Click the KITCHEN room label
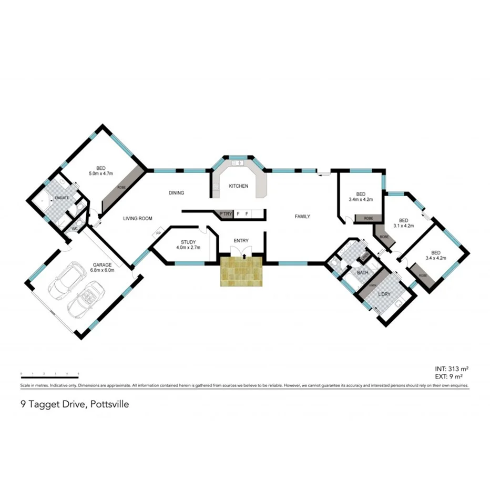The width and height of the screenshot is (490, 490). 238,186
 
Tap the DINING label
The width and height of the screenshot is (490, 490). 177,193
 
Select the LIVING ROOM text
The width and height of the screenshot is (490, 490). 138,219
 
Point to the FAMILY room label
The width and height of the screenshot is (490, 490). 302,216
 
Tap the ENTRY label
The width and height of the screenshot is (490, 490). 241,241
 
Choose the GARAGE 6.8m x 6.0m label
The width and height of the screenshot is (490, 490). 103,268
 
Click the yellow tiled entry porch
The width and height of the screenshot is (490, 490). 241,271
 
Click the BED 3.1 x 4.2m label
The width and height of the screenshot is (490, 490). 403,223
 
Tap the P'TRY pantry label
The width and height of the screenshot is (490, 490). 226,214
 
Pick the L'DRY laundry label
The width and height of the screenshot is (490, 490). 384,294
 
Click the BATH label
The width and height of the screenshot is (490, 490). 362,273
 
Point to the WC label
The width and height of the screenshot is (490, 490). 75,229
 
